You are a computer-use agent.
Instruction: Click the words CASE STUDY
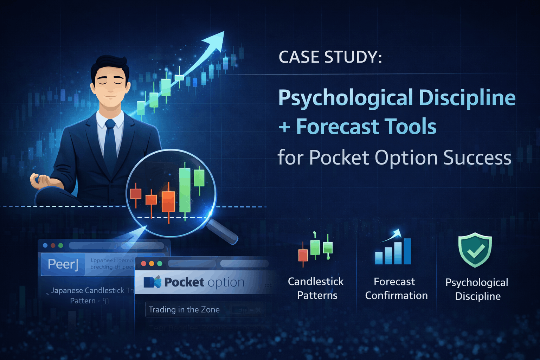(330, 57)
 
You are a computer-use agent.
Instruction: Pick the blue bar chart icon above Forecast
(393, 250)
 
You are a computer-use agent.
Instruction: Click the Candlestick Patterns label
(316, 288)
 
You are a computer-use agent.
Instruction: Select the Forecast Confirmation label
(396, 288)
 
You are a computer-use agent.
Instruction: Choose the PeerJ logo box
(63, 264)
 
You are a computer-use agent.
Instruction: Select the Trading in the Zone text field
(205, 310)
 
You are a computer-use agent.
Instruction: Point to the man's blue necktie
(110, 144)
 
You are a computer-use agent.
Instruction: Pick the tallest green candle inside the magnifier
(185, 190)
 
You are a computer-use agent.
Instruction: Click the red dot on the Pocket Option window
(143, 264)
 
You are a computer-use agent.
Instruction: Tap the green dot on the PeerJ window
(60, 245)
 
